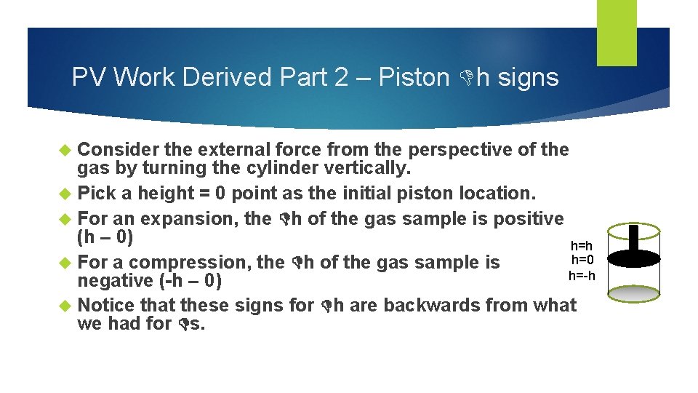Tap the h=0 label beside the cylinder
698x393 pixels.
click(x=583, y=261)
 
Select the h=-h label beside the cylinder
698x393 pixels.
click(x=582, y=275)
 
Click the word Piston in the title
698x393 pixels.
click(x=414, y=76)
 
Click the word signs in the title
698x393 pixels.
click(x=527, y=76)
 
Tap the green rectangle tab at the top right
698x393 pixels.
click(x=617, y=33)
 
